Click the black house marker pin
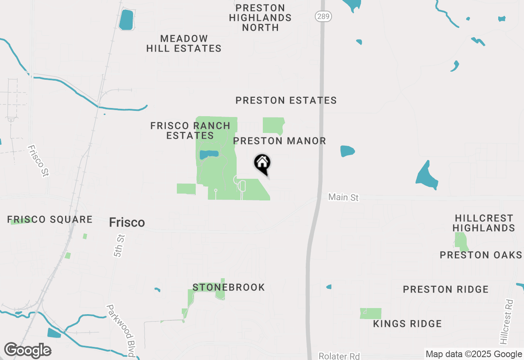[x=262, y=164]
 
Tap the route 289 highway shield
[x=323, y=16]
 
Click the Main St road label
[x=343, y=198]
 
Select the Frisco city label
[x=127, y=223]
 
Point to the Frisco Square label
[x=50, y=220]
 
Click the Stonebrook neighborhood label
[x=228, y=288]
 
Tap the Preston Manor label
[x=280, y=141]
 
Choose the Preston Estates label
[x=286, y=101]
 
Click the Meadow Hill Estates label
[x=184, y=43]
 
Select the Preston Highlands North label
[x=260, y=18]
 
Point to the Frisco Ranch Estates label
[x=190, y=130]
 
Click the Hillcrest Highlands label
[x=483, y=223]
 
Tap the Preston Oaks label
[x=481, y=255]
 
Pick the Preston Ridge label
[x=445, y=290]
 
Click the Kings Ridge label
[x=407, y=324]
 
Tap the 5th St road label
[x=119, y=245]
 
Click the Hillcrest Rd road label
[x=506, y=322]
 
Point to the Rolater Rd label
[x=339, y=356]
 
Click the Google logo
[x=27, y=351]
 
